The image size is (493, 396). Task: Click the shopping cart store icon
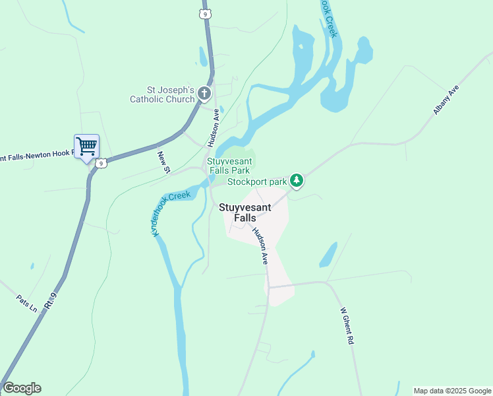[x=86, y=147]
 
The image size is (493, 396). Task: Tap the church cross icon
[x=204, y=94]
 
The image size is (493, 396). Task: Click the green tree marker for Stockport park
[x=297, y=180]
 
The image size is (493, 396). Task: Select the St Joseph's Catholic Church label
[x=162, y=94]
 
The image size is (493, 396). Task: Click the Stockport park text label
[x=258, y=181]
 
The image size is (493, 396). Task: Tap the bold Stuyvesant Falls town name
[x=245, y=212]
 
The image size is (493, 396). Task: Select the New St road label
[x=163, y=162]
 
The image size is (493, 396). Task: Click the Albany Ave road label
[x=446, y=100]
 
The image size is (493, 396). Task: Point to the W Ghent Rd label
[x=347, y=327]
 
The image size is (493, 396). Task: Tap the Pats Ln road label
[x=27, y=304]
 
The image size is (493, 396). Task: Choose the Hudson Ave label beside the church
[x=212, y=127]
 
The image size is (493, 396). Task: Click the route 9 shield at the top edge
[x=206, y=13]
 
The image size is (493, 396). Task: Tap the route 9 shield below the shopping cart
[x=100, y=163]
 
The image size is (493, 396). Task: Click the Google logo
[x=22, y=388]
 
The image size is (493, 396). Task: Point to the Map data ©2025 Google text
[x=452, y=391]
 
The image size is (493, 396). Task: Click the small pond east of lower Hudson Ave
[x=328, y=255]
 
